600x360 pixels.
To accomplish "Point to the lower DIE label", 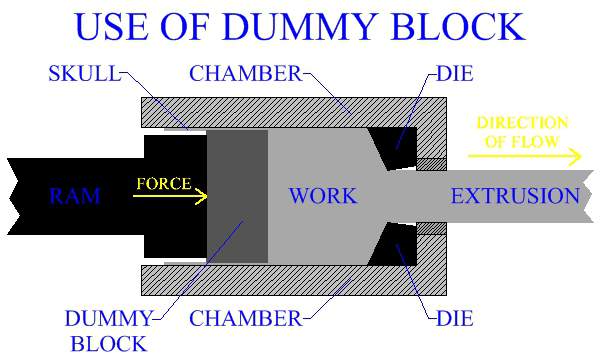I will [456, 320].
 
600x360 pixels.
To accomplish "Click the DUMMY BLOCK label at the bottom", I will [107, 332].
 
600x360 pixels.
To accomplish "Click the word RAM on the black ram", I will [75, 196].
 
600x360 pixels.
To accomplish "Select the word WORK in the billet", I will [322, 196].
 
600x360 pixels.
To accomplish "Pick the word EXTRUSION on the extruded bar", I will [515, 196].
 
